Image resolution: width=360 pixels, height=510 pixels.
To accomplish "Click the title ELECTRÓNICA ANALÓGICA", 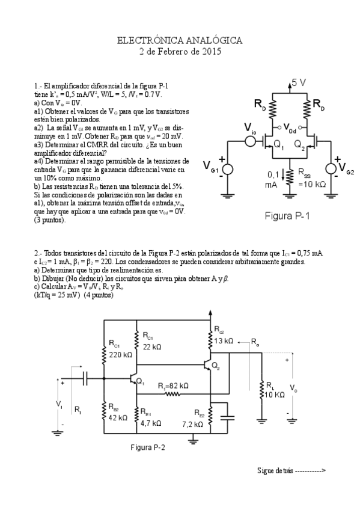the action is (x=179, y=41).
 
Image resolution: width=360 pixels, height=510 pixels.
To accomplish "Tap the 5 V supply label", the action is (x=299, y=82).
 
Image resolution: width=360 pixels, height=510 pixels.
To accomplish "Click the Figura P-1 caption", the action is (x=287, y=216).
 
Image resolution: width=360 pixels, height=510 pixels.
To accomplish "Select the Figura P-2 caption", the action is (x=147, y=447).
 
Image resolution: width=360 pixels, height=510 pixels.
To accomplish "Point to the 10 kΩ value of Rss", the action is (x=312, y=184).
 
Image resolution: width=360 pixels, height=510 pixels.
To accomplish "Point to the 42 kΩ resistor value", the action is (x=118, y=417).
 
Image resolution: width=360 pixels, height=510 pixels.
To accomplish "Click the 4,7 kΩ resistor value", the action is (x=150, y=423).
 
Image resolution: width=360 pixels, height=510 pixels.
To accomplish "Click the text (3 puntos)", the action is (x=50, y=220).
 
